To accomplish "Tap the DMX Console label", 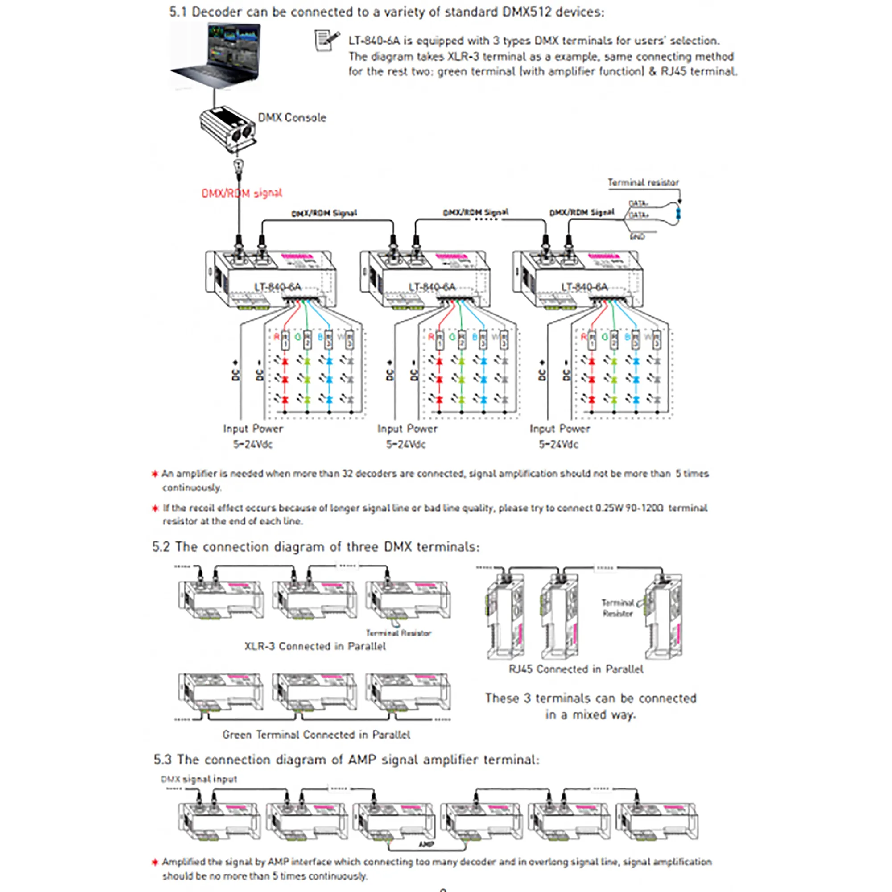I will point(292,117).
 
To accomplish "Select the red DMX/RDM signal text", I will point(241,193).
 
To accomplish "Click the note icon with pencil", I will point(326,41).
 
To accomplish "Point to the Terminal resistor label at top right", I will point(643,182).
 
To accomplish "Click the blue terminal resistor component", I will point(678,214).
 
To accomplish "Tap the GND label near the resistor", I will point(637,236).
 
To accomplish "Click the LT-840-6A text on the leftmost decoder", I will point(277,287).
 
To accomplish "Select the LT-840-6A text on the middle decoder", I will point(432,287).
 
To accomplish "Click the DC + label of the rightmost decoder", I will point(542,370).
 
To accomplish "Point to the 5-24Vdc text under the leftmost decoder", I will point(252,444).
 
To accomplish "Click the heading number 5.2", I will point(161,547).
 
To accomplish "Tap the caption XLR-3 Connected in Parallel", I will point(315,646).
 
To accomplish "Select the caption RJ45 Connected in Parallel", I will point(576,669).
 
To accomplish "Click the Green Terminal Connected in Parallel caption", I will point(316,735).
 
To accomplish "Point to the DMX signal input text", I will point(199,779).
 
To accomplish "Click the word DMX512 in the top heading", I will point(526,12).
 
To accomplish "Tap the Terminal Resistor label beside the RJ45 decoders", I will point(617,608).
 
